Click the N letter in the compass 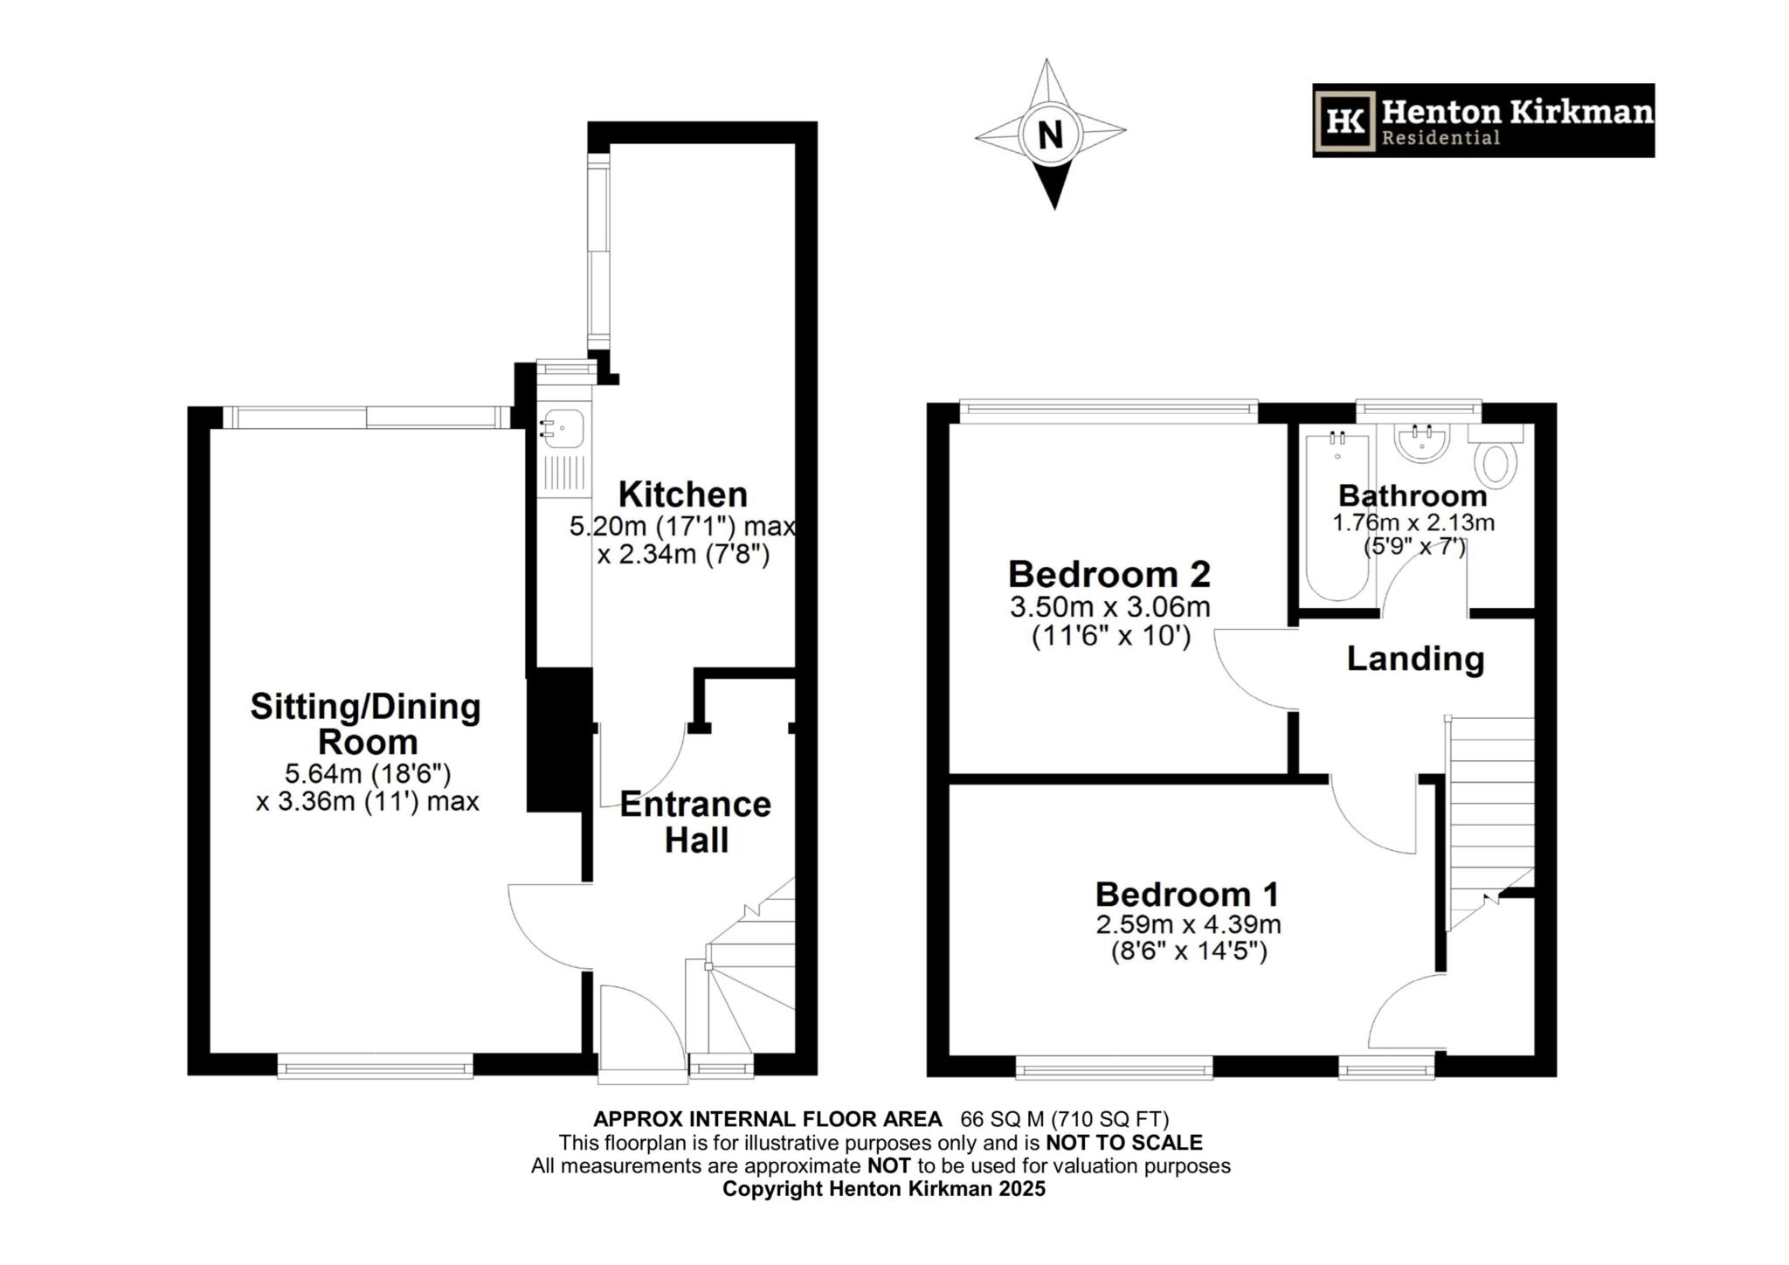tap(1051, 135)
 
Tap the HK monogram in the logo tap(1344, 121)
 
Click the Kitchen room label tap(682, 494)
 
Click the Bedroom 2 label tap(1109, 574)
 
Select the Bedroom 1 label tap(1187, 894)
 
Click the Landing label tap(1415, 659)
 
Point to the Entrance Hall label tap(695, 822)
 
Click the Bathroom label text tap(1413, 495)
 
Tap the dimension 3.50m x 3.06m tap(1109, 606)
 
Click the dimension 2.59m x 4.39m tap(1188, 923)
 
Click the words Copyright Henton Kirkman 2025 tap(883, 1189)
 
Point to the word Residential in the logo tap(1440, 138)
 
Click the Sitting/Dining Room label tap(366, 723)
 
